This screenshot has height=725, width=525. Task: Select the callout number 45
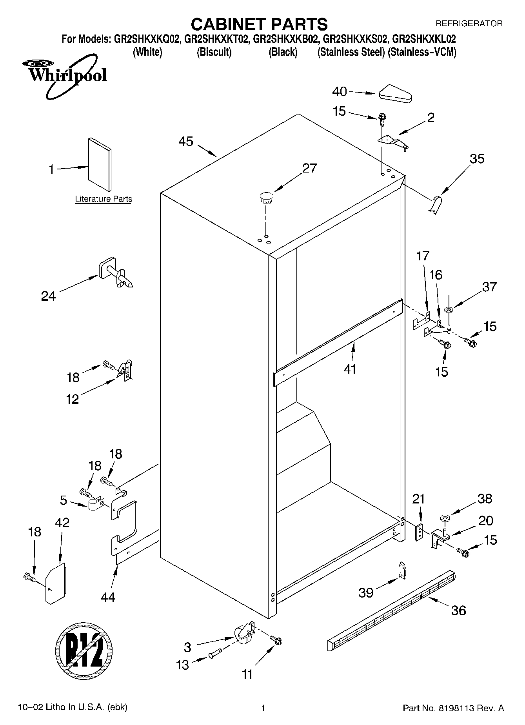186,142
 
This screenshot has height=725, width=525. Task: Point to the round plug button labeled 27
266,197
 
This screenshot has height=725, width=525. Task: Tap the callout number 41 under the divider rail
350,369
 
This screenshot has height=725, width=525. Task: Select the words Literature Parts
104,199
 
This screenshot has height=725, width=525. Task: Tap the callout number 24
48,296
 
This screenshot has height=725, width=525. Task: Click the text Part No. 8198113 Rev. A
453,708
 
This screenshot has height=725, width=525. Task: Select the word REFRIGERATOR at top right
469,24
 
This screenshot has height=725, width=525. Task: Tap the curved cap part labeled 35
435,205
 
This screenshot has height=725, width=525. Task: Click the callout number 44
108,597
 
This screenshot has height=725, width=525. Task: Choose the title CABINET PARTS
259,24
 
